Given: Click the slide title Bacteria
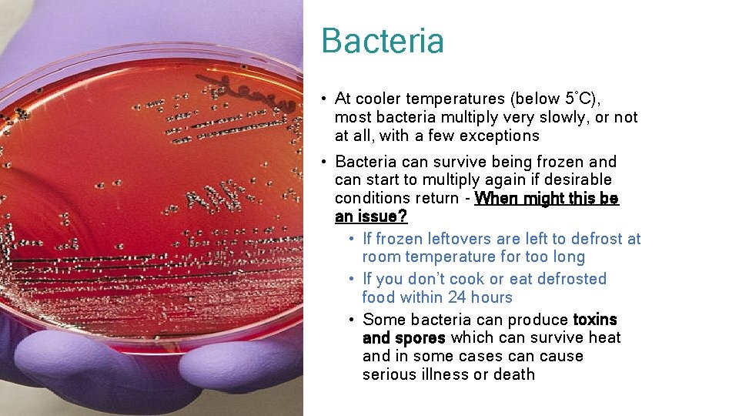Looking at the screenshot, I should [383, 41].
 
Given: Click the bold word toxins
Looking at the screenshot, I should [595, 319].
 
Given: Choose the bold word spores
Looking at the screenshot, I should [420, 337].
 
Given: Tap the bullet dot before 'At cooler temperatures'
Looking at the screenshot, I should [326, 99].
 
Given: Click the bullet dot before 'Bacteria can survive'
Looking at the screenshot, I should [326, 163].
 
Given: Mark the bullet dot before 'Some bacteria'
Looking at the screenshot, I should [351, 320].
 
